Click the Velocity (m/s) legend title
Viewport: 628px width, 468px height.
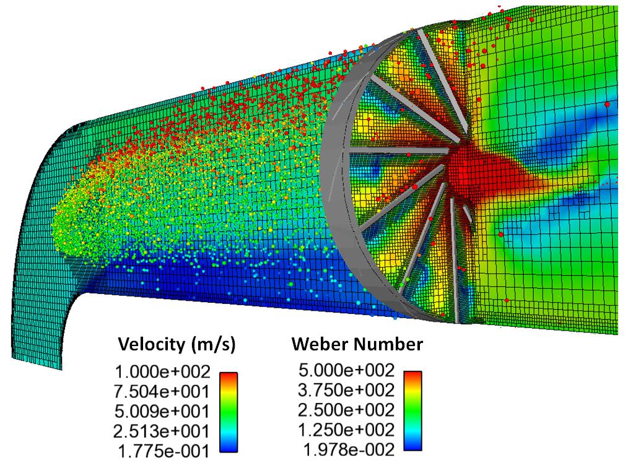pyautogui.click(x=177, y=344)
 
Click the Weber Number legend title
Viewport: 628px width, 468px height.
pyautogui.click(x=357, y=344)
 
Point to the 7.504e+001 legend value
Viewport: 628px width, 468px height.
pyautogui.click(x=162, y=392)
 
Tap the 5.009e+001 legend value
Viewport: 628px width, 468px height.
pyautogui.click(x=162, y=412)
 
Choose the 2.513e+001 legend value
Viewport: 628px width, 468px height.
pyautogui.click(x=162, y=431)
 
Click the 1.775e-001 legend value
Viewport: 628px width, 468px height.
pyautogui.click(x=164, y=451)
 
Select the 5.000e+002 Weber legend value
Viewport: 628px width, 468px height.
pyautogui.click(x=347, y=370)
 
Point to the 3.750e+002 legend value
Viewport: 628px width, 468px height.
pyautogui.click(x=346, y=390)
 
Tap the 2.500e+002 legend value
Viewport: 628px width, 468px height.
pyautogui.click(x=346, y=410)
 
